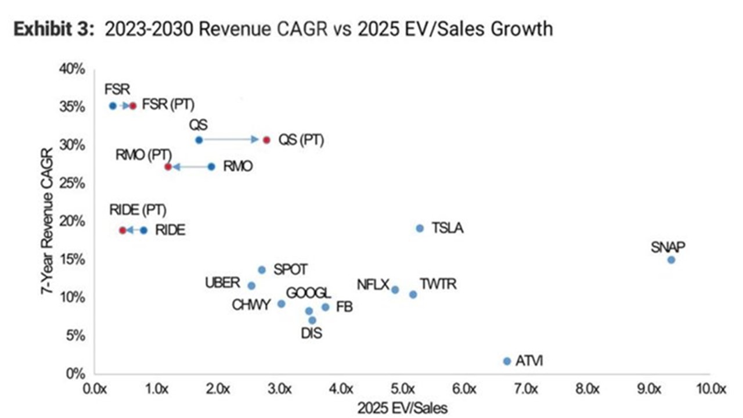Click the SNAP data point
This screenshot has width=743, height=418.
tap(671, 260)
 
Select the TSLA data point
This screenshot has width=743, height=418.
tap(420, 228)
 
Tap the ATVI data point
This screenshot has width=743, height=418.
tap(507, 361)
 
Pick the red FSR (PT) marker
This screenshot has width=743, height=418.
tap(132, 106)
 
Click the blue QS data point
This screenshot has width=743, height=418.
tap(199, 140)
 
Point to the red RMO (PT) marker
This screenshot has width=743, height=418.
tap(168, 167)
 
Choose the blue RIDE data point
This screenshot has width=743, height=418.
tap(143, 230)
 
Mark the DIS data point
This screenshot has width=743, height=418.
tap(312, 320)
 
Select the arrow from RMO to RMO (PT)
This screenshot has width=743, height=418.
tap(190, 167)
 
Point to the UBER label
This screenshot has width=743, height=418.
tap(222, 283)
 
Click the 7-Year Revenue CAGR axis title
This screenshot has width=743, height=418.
tap(47, 221)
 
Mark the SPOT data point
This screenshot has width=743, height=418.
tap(262, 270)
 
